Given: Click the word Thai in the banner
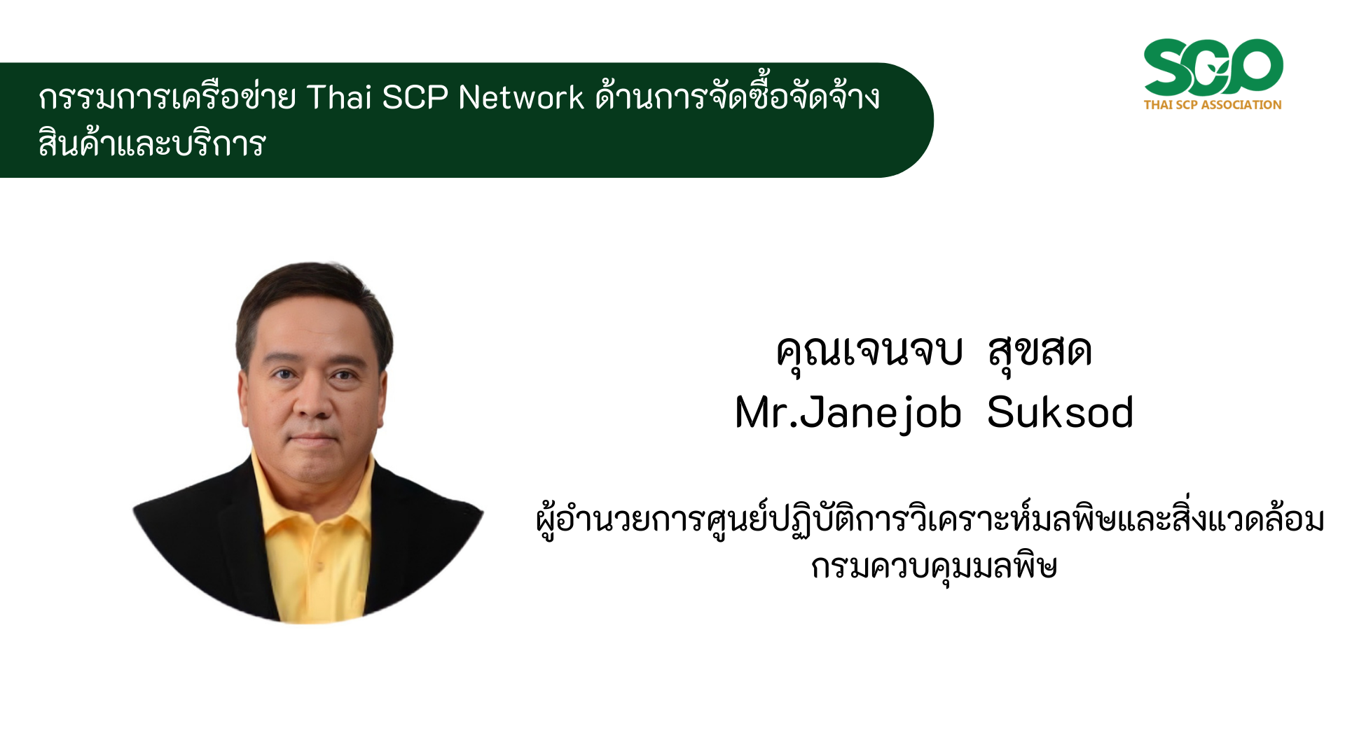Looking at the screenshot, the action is click(x=338, y=97).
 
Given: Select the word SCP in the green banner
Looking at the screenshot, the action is click(x=415, y=97).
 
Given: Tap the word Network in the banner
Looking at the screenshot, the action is click(x=521, y=97).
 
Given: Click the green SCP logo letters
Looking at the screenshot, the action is click(x=1213, y=67).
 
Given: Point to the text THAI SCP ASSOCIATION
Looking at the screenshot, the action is click(x=1213, y=105).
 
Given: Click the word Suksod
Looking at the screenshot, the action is click(x=1060, y=412).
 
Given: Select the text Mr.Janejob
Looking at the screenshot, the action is click(x=848, y=413).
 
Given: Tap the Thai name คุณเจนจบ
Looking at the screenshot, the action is click(x=869, y=351).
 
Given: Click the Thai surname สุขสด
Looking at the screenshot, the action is click(x=1040, y=351).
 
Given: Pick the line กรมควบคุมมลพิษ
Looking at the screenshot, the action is click(x=934, y=566).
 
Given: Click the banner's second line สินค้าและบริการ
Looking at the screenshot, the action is click(x=152, y=143).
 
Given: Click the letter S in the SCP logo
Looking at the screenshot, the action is click(x=1167, y=67).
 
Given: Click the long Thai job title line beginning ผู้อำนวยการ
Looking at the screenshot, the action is click(x=930, y=520).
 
